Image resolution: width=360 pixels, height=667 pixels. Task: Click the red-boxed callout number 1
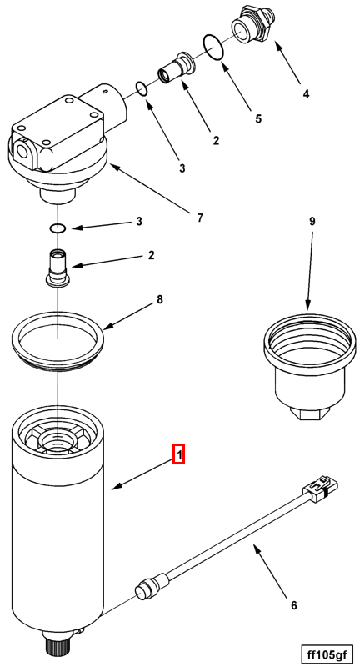tap(179, 454)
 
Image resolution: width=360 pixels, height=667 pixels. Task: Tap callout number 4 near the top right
tap(306, 93)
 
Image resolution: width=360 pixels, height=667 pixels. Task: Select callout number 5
tap(258, 118)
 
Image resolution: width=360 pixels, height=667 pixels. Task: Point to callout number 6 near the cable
tap(293, 605)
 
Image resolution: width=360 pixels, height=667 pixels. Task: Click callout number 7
tap(200, 218)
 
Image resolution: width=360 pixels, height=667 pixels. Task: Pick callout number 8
tap(159, 299)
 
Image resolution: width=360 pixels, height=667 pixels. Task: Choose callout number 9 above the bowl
tap(312, 221)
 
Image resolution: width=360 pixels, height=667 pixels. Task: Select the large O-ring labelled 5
tap(213, 48)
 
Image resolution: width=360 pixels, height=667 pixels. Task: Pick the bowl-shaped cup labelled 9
tap(307, 366)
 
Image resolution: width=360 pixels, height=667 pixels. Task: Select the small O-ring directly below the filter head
tap(57, 228)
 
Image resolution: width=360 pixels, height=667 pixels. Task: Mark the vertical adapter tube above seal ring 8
tap(57, 267)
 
